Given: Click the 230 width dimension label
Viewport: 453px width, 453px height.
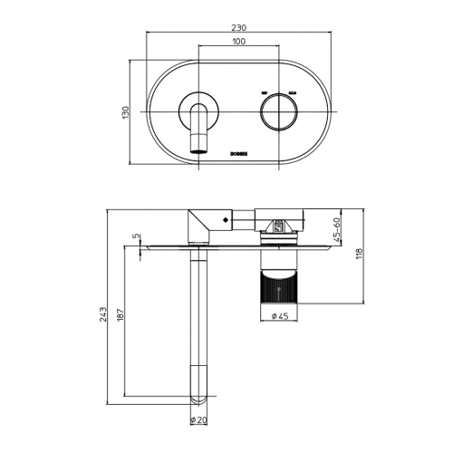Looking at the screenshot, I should (x=238, y=28).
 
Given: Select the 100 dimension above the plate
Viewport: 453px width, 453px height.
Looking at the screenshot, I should (x=238, y=42).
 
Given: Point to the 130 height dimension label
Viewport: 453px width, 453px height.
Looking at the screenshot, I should (x=126, y=111).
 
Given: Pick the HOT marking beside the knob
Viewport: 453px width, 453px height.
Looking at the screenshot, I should (x=263, y=93).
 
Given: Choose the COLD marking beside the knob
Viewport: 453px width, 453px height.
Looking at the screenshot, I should (x=293, y=93).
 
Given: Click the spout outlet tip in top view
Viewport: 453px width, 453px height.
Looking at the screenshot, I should (x=199, y=143).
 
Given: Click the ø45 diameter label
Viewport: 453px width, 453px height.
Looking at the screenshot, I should (x=279, y=316).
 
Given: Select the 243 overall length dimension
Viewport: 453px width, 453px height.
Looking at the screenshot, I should (x=106, y=314).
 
